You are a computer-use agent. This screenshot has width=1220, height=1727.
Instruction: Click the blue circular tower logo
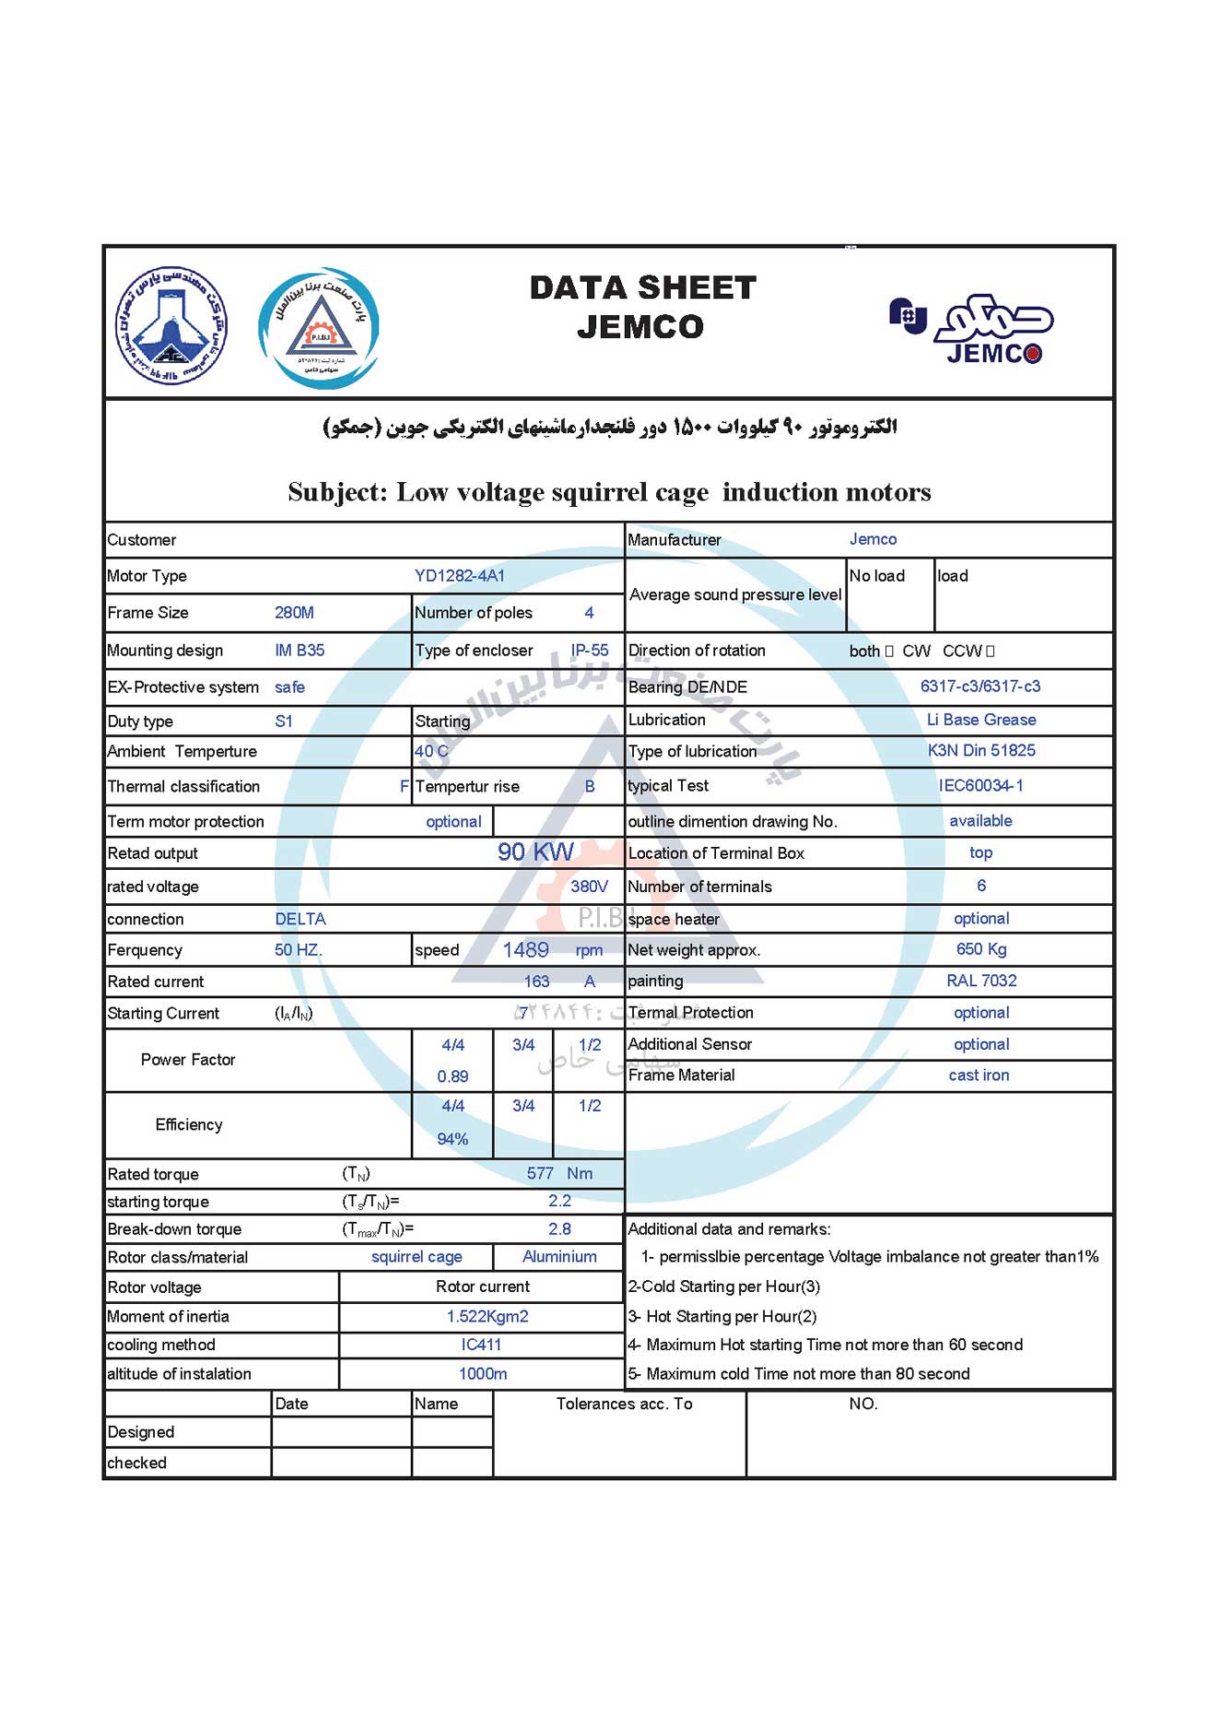click(171, 326)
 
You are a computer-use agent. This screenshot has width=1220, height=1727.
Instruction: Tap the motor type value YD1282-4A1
click(459, 576)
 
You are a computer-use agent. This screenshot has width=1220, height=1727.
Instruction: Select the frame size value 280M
click(294, 613)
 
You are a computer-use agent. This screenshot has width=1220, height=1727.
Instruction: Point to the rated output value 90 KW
click(535, 852)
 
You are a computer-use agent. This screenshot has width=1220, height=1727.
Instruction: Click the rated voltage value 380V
click(589, 887)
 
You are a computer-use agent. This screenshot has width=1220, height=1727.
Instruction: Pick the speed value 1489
click(525, 950)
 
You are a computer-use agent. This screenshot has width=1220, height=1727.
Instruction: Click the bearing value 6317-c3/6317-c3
click(980, 687)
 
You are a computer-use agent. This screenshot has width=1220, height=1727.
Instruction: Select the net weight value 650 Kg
click(980, 949)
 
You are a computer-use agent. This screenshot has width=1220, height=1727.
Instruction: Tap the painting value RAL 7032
click(980, 981)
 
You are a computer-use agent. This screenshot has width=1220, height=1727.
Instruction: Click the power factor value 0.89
click(452, 1076)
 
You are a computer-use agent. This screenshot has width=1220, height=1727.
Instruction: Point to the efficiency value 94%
click(452, 1139)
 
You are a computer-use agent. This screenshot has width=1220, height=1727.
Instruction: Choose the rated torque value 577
click(540, 1173)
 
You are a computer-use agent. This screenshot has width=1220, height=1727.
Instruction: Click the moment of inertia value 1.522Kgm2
click(487, 1316)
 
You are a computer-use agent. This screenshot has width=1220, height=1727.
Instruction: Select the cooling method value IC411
click(481, 1345)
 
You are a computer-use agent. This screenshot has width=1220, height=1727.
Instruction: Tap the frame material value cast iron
click(979, 1075)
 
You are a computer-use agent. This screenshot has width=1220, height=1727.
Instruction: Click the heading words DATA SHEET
click(642, 288)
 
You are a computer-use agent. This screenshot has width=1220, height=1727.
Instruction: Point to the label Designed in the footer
click(141, 1432)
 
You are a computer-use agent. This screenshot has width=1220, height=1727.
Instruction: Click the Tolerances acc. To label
click(624, 1404)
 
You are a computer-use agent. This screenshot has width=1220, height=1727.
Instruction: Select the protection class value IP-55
click(589, 651)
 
